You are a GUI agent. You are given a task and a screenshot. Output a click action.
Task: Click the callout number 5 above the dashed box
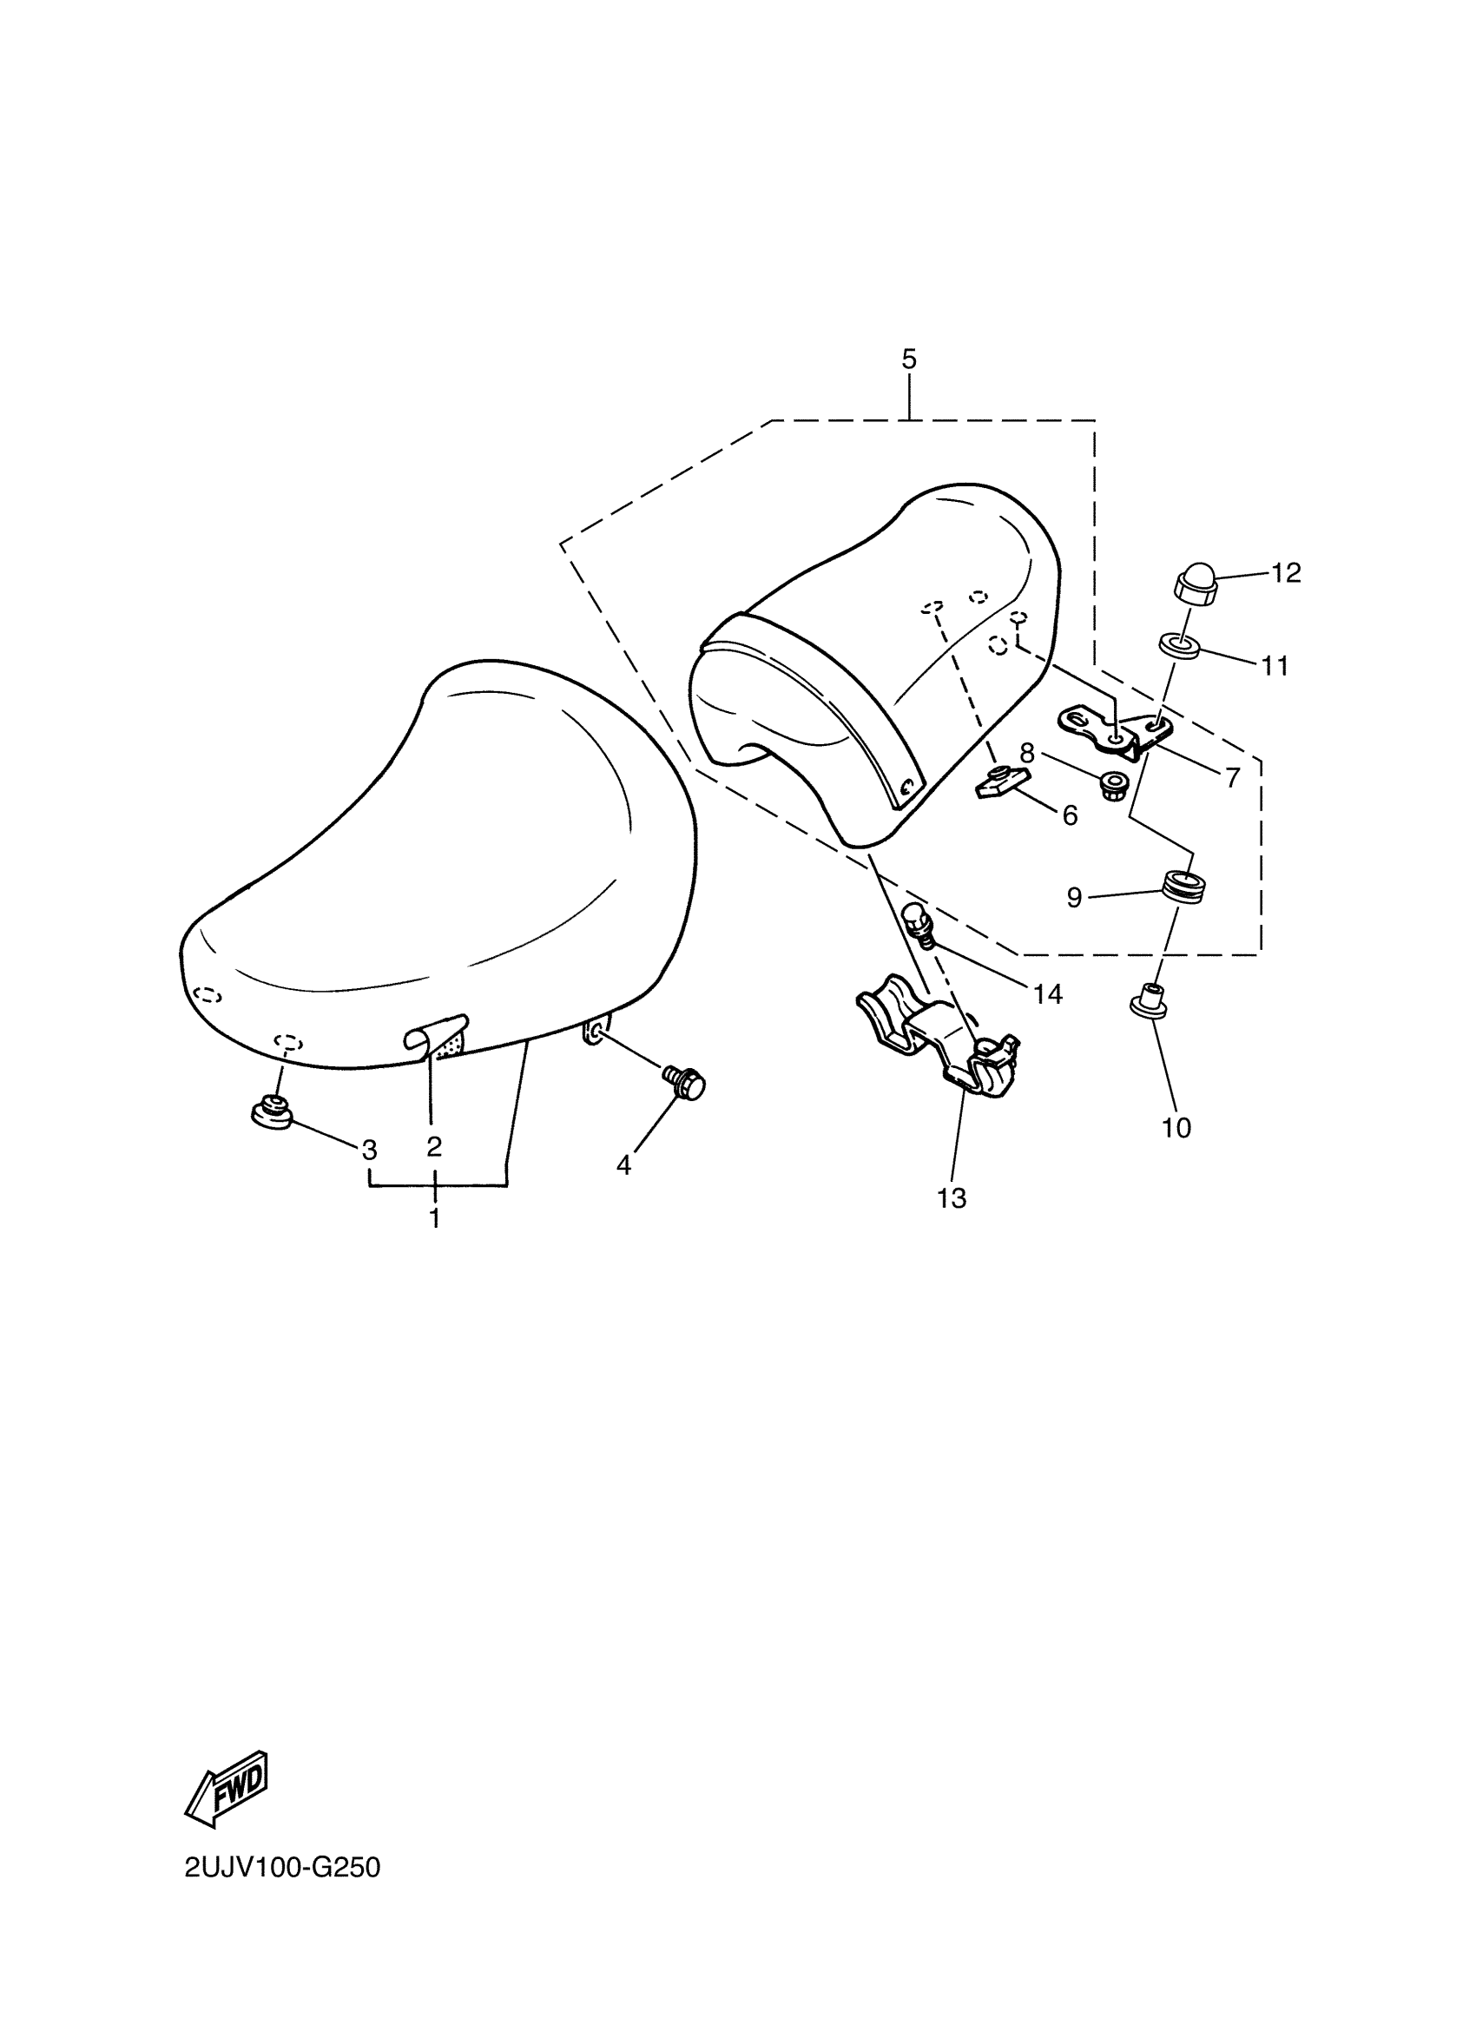tap(908, 359)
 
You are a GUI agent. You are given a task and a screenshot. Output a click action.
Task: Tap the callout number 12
tap(1286, 572)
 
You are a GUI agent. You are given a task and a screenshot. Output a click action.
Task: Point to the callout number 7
tap(1232, 776)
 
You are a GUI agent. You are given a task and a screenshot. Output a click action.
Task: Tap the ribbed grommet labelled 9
tap(1185, 885)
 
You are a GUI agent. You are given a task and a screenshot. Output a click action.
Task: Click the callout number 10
tap(1176, 1128)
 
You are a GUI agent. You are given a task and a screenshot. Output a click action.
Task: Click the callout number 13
tap(952, 1197)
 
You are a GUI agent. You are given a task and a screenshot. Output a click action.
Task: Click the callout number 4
tap(623, 1165)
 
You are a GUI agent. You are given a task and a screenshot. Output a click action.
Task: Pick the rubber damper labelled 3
tap(271, 1113)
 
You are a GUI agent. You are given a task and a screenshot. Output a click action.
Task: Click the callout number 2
tap(434, 1145)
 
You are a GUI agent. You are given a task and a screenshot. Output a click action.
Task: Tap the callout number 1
tap(435, 1218)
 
